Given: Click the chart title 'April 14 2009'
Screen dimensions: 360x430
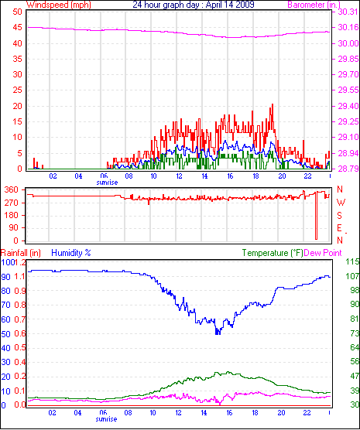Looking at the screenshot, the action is [230, 5].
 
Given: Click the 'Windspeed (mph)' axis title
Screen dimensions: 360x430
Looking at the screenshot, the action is [59, 5].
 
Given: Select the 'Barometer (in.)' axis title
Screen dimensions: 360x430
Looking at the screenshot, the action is [314, 5].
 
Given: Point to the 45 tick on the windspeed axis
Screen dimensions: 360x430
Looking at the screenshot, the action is [17, 28].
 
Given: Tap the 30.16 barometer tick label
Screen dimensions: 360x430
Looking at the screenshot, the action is [348, 27].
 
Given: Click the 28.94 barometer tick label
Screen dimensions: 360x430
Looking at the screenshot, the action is [348, 153].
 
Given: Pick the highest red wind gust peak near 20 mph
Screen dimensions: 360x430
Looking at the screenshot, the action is [272, 104].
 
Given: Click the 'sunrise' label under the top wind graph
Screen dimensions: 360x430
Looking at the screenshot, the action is [107, 183].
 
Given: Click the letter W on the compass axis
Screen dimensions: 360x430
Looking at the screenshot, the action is [341, 203].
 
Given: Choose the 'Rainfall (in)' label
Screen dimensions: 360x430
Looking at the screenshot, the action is [21, 253].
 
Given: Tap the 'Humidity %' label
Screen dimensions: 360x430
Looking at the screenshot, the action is [71, 253].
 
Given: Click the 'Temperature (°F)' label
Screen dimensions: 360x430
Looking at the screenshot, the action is [273, 253].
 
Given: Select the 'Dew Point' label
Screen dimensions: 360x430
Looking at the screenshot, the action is [323, 253].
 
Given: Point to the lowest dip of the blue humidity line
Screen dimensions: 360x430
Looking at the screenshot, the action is [218, 333].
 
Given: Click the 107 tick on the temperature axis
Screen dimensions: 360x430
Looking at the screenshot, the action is [352, 276].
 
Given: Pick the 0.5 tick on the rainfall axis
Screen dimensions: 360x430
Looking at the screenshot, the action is [19, 347].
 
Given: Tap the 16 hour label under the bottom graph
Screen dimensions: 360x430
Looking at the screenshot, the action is [229, 413].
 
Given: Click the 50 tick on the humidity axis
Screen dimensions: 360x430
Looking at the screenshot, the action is [5, 334].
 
